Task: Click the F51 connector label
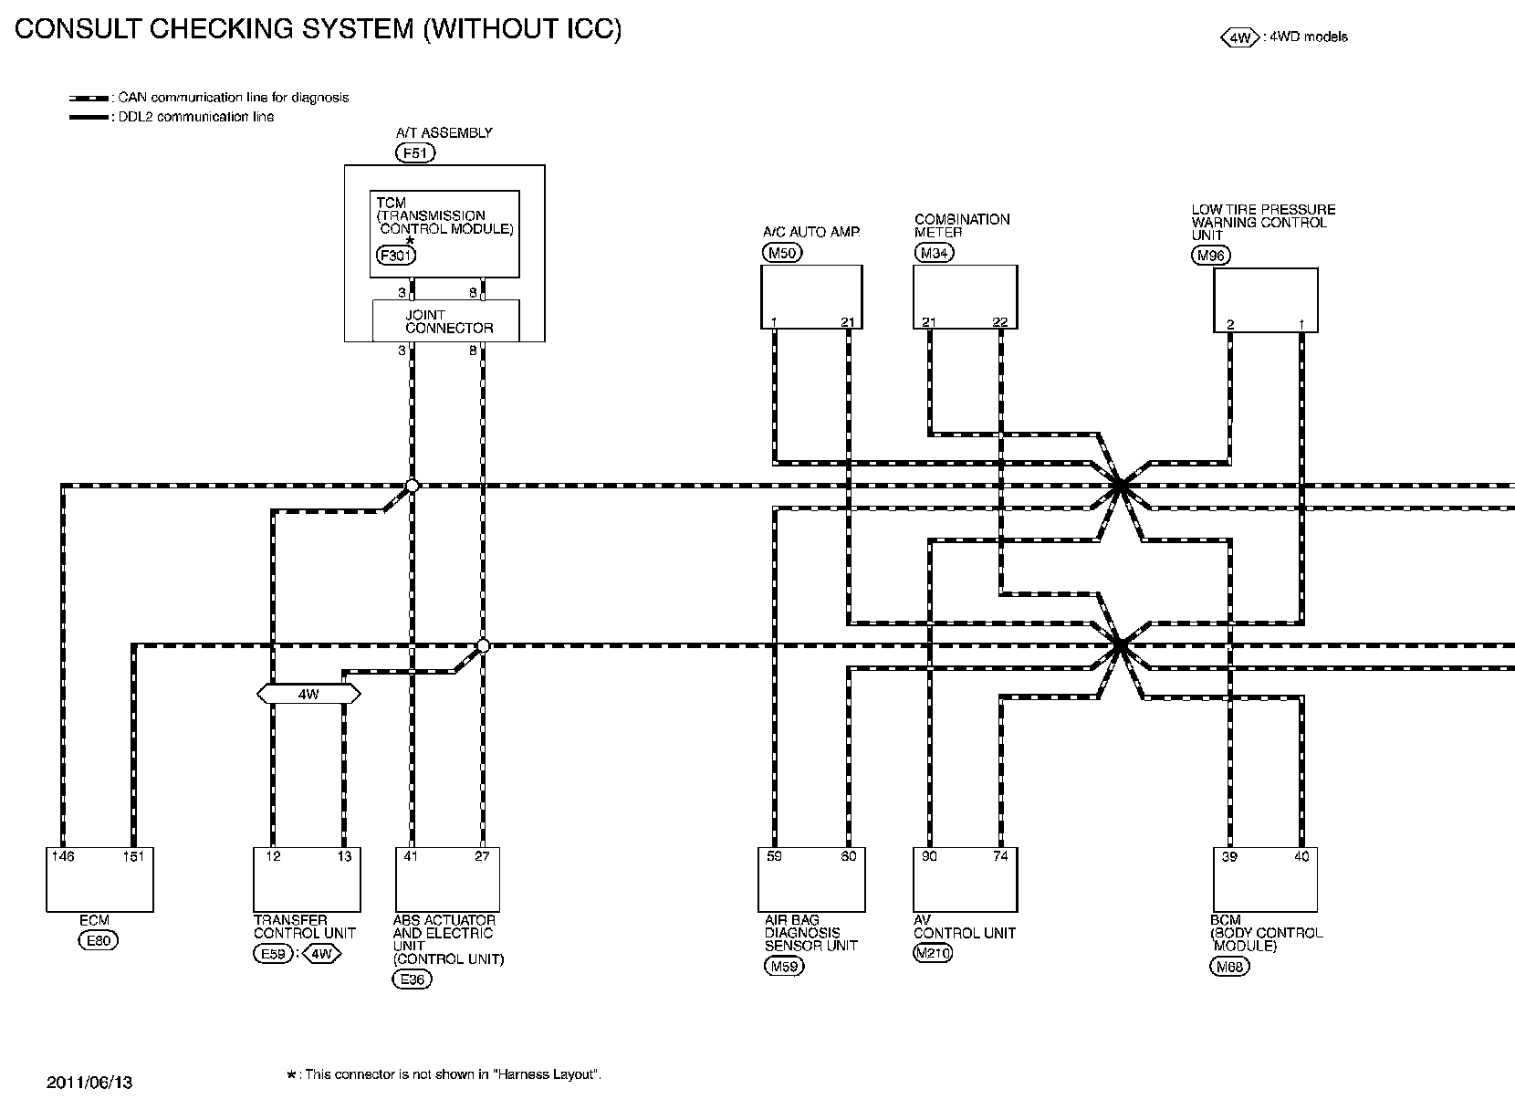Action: pos(415,153)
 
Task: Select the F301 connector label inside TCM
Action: pos(395,256)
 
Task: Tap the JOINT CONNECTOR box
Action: pos(446,321)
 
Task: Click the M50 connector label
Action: pos(782,253)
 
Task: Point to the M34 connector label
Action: pos(934,253)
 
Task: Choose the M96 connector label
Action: pos(1211,256)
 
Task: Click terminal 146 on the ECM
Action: pos(63,856)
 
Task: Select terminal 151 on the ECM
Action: pos(133,856)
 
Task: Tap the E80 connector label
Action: pos(98,941)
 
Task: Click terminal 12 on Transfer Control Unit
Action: pos(273,856)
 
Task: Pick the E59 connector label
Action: pos(271,955)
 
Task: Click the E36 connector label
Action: pos(412,979)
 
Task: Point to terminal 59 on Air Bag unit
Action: pos(774,856)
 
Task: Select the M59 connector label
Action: pos(784,967)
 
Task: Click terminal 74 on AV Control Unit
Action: pos(1000,856)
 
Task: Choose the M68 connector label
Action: pos(1229,967)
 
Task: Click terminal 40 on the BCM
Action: pos(1301,856)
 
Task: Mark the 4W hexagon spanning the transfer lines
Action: pos(308,695)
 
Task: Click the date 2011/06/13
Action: pos(89,1083)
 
